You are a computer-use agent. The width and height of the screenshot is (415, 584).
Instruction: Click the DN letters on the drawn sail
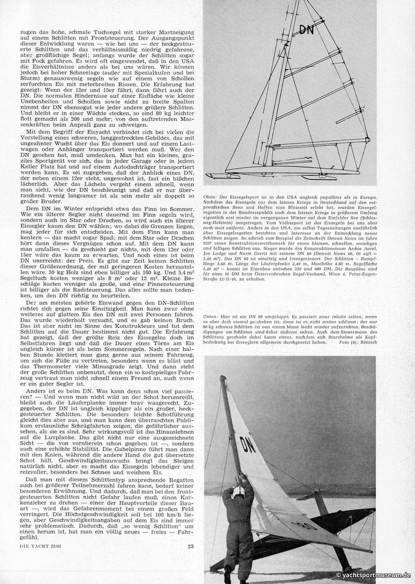coord(306,30)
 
